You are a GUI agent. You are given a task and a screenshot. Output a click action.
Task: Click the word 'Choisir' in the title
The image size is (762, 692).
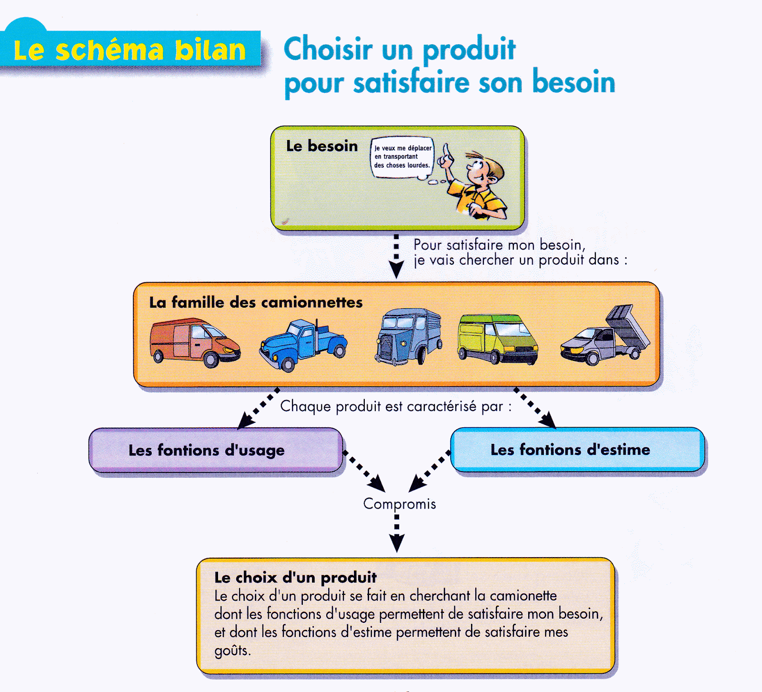click(x=328, y=49)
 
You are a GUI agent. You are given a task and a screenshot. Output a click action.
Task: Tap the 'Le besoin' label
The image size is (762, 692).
click(x=321, y=146)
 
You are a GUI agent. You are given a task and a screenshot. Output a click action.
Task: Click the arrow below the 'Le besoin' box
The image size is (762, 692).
click(x=396, y=256)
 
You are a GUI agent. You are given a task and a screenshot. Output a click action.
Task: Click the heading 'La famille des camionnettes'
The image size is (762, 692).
click(x=256, y=302)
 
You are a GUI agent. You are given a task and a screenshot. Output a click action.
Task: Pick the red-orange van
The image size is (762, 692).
click(x=195, y=342)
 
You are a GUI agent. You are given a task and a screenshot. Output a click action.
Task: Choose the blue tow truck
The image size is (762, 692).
click(x=303, y=345)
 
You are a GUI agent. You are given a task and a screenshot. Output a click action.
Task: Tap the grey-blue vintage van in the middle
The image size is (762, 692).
click(x=409, y=336)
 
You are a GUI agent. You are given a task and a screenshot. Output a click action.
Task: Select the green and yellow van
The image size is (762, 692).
click(x=497, y=339)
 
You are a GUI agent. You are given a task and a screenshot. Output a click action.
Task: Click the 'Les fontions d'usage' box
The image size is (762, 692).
click(x=216, y=450)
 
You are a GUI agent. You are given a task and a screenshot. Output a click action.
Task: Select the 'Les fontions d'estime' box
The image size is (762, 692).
click(x=577, y=450)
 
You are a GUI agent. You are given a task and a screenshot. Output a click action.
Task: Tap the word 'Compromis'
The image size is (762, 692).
click(x=400, y=504)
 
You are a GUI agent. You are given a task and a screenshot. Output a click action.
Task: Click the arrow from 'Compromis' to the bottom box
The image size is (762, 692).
click(x=397, y=533)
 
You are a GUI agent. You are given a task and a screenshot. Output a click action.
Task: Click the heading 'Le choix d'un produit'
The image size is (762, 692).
click(x=295, y=578)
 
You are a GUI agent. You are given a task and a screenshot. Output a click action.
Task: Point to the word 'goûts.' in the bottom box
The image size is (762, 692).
click(x=232, y=651)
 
